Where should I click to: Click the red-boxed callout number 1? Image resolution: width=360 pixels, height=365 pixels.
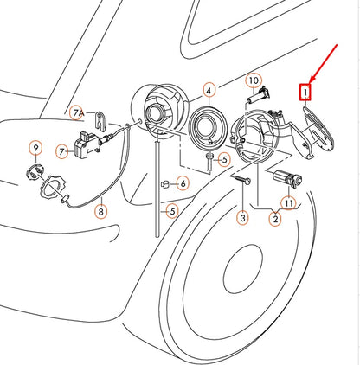305,93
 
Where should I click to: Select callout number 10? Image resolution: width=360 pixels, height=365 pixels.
254,81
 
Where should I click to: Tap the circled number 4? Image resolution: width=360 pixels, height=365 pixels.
209,91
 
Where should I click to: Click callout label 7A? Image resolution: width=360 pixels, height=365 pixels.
78,113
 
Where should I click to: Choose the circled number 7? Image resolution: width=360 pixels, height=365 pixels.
61,151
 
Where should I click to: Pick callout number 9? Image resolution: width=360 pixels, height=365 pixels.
35,149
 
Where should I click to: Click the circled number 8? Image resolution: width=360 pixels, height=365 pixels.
101,212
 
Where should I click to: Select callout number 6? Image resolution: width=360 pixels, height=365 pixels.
183,182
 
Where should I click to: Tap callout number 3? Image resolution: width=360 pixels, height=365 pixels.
242,218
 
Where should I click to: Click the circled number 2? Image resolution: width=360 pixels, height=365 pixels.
275,219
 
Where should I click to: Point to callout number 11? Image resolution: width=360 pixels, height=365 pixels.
289,203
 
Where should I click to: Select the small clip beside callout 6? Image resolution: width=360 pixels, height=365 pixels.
165,184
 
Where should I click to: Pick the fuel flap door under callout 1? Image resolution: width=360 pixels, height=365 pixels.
317,132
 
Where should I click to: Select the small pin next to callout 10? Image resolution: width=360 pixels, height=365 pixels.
258,95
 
